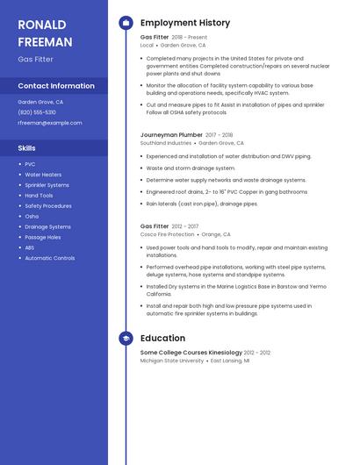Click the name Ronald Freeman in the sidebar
point(45,32)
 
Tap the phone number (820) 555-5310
point(37,112)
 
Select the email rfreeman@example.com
point(50,123)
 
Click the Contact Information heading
point(56,86)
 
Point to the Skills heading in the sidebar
point(27,148)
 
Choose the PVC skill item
point(30,164)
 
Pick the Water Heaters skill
point(43,175)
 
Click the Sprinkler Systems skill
point(47,185)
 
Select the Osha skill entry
point(32,216)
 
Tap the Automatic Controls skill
point(49,258)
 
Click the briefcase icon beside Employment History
point(126,23)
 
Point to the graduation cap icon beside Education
point(126,338)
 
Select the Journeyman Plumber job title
point(171,135)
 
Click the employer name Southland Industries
point(166,143)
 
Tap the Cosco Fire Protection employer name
point(168,234)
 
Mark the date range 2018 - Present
point(190,38)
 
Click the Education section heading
point(162,338)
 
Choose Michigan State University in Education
point(172,361)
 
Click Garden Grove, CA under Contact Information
point(40,102)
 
